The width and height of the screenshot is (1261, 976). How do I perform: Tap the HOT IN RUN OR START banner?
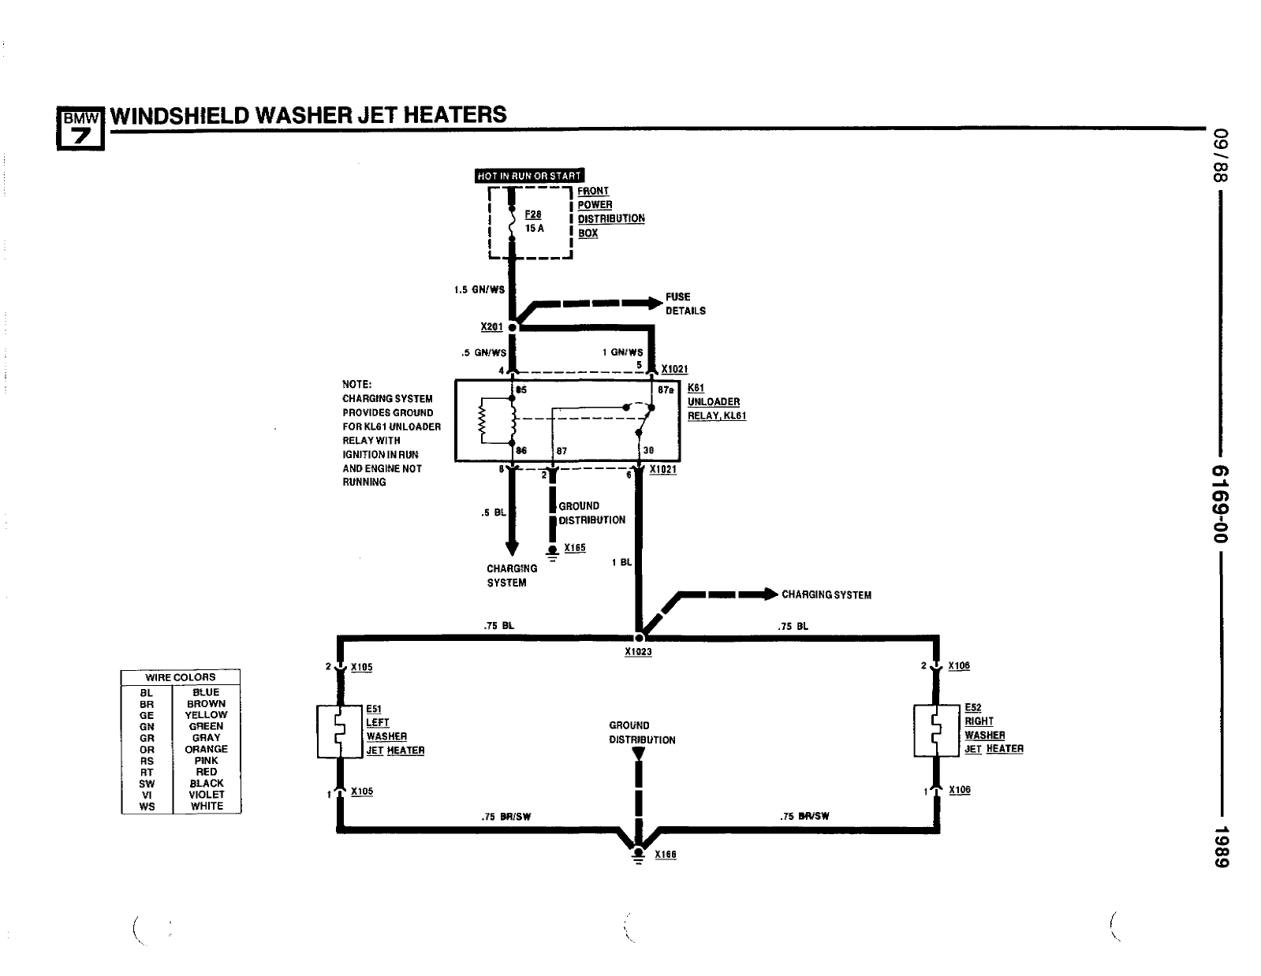tap(529, 176)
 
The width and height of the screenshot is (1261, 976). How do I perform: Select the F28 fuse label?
tap(533, 214)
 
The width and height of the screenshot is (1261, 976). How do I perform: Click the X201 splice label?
tap(491, 327)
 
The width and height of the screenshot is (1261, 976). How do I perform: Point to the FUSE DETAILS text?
tap(685, 304)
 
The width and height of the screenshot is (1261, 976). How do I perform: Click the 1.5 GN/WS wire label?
tap(479, 290)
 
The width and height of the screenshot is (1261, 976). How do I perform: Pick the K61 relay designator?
tap(696, 388)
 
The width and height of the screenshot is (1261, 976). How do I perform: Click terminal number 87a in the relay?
tap(665, 390)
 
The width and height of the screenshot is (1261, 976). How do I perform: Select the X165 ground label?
tap(575, 548)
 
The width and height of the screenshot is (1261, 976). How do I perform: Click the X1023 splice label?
tap(638, 653)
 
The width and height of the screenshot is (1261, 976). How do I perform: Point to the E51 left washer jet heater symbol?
tap(338, 732)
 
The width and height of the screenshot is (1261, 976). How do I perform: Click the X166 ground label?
tap(666, 855)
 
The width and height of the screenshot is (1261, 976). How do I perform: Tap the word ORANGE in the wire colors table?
tap(207, 749)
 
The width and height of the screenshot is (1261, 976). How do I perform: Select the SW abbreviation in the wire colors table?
tap(147, 784)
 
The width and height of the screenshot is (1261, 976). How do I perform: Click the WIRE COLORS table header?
tap(181, 677)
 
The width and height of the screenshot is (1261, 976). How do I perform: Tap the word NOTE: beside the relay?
tap(356, 385)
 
